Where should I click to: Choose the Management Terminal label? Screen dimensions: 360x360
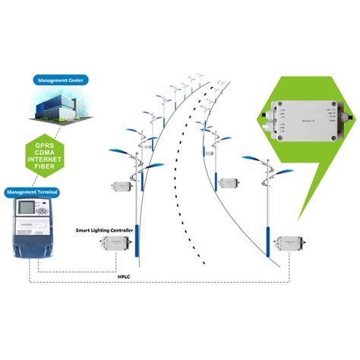(x=34, y=191)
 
